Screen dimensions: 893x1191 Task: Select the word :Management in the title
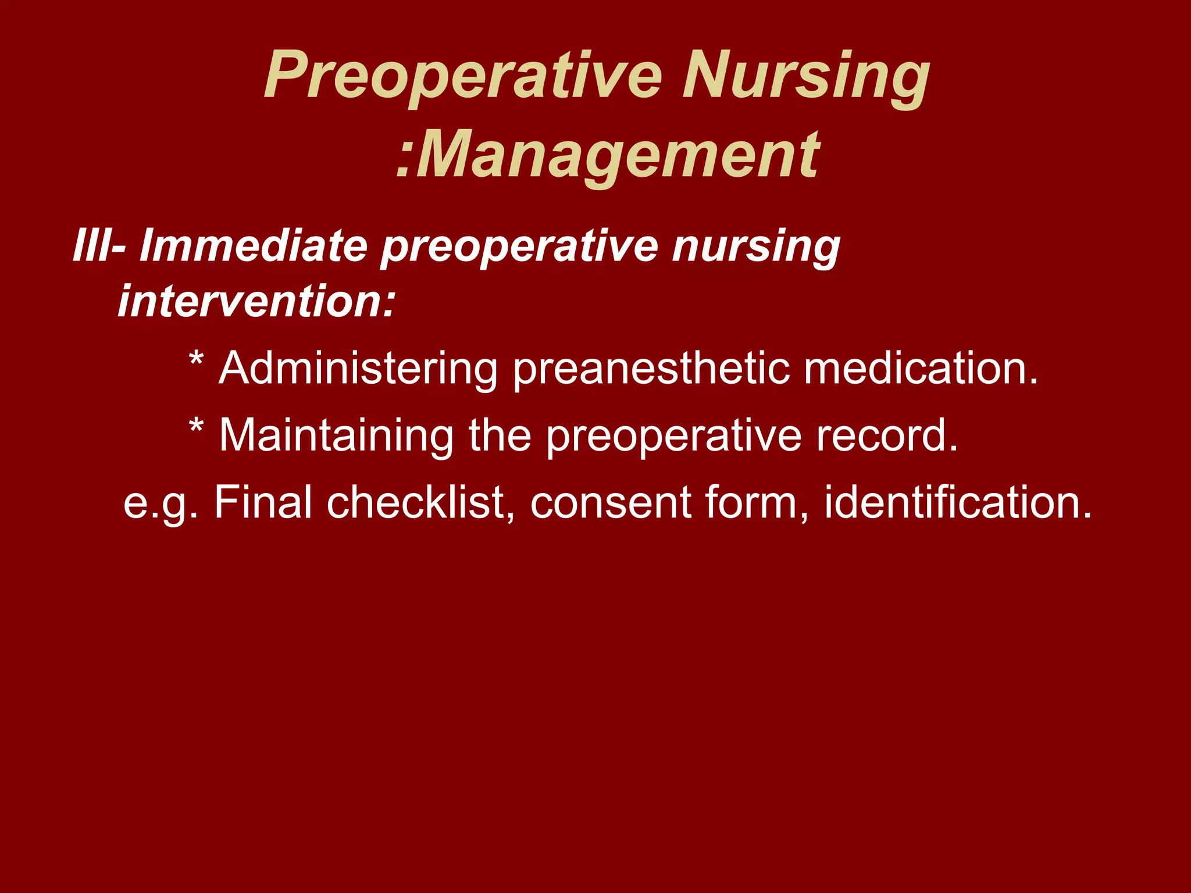tap(608, 156)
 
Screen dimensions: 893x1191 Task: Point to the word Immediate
tap(254, 245)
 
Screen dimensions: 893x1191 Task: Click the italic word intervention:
tap(256, 301)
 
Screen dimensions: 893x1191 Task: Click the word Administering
tap(358, 369)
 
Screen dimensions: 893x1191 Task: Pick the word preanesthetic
tap(651, 369)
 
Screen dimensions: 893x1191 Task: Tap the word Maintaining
tap(336, 436)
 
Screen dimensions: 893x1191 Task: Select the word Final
tap(263, 503)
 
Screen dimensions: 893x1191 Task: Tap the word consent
tap(611, 503)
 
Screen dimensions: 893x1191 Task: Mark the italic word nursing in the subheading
tap(756, 245)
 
